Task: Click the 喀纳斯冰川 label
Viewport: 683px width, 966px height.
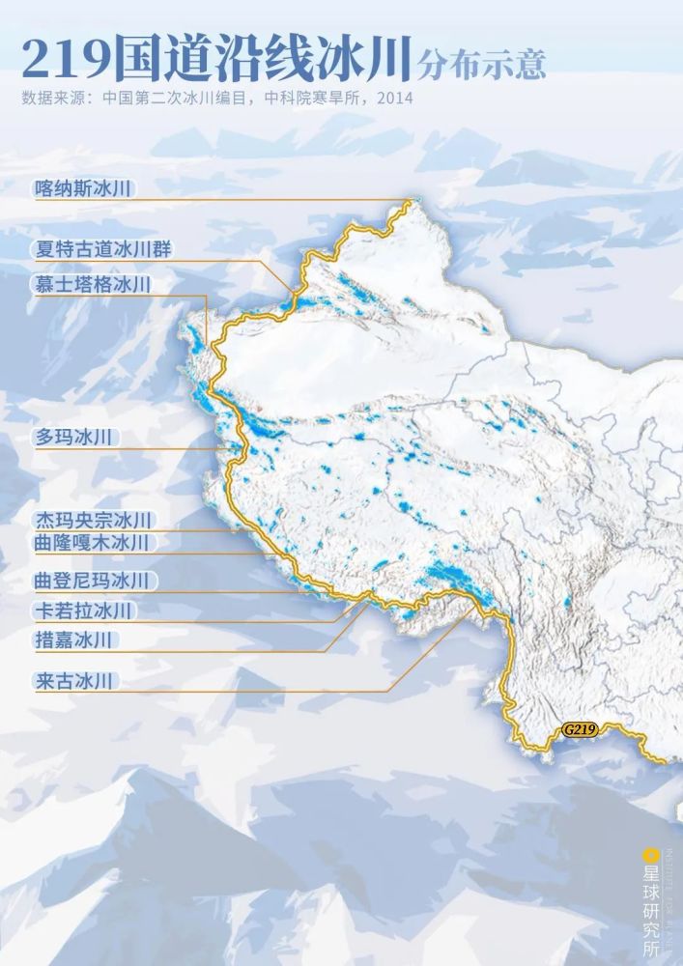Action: pos(82,188)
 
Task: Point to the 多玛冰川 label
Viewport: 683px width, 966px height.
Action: pos(75,437)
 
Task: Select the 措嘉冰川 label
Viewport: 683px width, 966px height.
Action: pos(75,639)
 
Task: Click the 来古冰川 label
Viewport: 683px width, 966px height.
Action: pos(75,681)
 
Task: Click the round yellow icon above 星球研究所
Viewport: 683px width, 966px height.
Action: pos(651,855)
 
